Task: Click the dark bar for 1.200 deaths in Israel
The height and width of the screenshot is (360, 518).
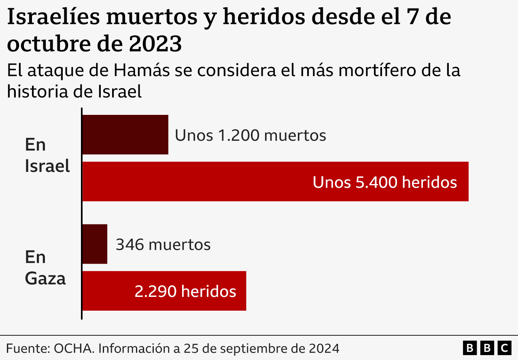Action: tap(125, 135)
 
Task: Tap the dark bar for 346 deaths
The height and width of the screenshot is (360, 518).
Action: tap(95, 244)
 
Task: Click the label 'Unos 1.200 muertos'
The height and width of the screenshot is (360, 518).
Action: tap(251, 136)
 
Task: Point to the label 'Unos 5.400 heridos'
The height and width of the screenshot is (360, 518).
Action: tap(384, 182)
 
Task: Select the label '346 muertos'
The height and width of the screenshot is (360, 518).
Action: tap(163, 245)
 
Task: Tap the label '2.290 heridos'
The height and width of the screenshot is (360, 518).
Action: tap(185, 291)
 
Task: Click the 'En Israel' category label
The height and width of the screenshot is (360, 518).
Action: tap(47, 155)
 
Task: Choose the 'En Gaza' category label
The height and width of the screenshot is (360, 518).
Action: tap(45, 268)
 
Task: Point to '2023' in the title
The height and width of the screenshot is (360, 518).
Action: tap(155, 44)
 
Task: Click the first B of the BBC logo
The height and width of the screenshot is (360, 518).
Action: tap(469, 348)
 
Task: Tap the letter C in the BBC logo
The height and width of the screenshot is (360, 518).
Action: tap(504, 348)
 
